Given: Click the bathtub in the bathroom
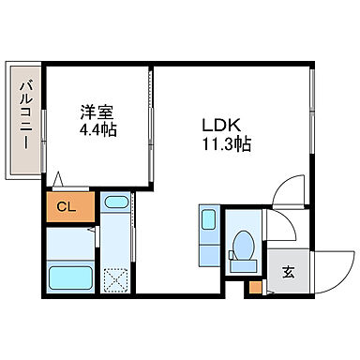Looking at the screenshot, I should click(x=68, y=279).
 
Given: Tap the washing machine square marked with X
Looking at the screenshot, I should click(x=117, y=280).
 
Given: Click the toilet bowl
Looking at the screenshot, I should click(x=244, y=246).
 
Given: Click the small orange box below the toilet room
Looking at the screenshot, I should click(x=254, y=288).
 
